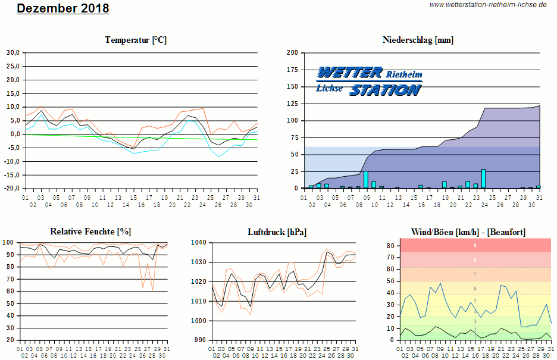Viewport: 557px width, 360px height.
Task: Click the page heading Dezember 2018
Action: (x=62, y=8)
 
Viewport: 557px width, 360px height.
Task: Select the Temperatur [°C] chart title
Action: (x=136, y=40)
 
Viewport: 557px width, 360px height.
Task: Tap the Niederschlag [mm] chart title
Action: (x=418, y=40)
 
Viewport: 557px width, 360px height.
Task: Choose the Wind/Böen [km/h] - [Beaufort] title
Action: (x=468, y=231)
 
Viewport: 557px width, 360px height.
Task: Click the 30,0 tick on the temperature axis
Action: (x=12, y=52)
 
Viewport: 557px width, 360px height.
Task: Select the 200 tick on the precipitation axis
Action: (x=292, y=52)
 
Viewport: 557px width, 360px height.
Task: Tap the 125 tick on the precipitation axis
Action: (x=292, y=104)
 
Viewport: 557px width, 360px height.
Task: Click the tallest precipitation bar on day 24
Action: (x=483, y=179)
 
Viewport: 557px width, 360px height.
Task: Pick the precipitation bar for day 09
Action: (x=365, y=180)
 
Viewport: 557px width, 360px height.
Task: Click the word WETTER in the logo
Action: (x=349, y=73)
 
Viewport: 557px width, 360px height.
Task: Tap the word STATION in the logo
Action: (x=385, y=90)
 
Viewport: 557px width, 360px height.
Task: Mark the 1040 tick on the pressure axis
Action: (x=198, y=242)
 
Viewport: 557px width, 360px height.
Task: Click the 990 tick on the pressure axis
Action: (x=200, y=340)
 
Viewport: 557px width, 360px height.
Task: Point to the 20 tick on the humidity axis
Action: (x=11, y=340)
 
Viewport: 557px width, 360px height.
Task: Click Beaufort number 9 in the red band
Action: (x=475, y=245)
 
